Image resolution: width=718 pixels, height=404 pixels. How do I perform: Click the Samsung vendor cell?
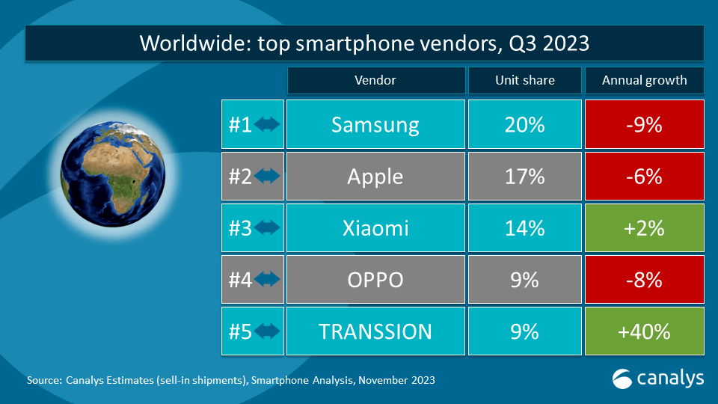pyautogui.click(x=375, y=124)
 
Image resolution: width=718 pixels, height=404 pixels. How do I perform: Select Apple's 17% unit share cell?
pyautogui.click(x=524, y=177)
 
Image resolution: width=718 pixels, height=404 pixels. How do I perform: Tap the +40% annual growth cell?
pyautogui.click(x=643, y=331)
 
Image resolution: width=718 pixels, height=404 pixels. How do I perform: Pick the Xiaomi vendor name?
pyautogui.click(x=375, y=228)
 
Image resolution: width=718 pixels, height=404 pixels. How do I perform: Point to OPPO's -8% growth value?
pyautogui.click(x=643, y=280)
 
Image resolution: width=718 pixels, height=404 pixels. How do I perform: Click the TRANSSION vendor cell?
pyautogui.click(x=375, y=331)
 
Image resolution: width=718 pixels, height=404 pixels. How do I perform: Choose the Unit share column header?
pyautogui.click(x=524, y=81)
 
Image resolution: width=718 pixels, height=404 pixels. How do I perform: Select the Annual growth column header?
pyautogui.click(x=644, y=81)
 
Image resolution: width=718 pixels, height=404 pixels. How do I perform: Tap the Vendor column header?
pyautogui.click(x=375, y=81)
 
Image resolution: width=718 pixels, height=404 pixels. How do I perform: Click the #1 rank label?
pyautogui.click(x=240, y=124)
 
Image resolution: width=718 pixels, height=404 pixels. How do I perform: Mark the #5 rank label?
pyautogui.click(x=240, y=331)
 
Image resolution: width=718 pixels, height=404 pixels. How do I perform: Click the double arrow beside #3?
pyautogui.click(x=268, y=228)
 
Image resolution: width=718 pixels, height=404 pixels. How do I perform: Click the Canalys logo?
pyautogui.click(x=657, y=379)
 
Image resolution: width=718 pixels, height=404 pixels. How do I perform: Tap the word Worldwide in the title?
pyautogui.click(x=190, y=44)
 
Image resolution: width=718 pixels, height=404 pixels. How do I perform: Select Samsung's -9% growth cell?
pyautogui.click(x=643, y=124)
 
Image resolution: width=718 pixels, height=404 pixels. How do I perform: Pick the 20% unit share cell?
pyautogui.click(x=524, y=124)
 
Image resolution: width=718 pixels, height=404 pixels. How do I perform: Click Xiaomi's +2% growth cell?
pyautogui.click(x=643, y=228)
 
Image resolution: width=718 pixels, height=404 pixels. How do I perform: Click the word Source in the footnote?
pyautogui.click(x=44, y=380)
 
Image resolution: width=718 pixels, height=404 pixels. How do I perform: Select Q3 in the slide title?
pyautogui.click(x=521, y=44)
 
